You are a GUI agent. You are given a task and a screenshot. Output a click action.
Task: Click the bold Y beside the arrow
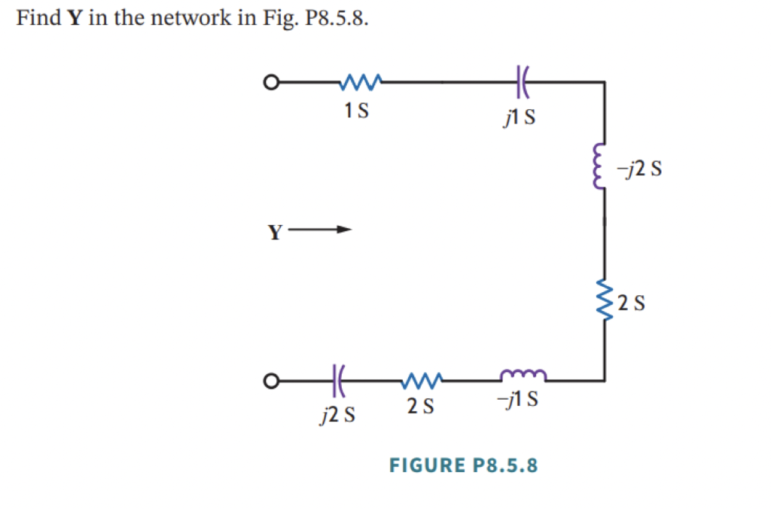tap(276, 232)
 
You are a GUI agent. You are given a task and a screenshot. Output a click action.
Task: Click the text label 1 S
tap(356, 111)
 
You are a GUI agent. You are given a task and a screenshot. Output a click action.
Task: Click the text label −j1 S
tap(517, 400)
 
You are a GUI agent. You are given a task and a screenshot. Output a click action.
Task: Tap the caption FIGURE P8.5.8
tap(464, 465)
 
